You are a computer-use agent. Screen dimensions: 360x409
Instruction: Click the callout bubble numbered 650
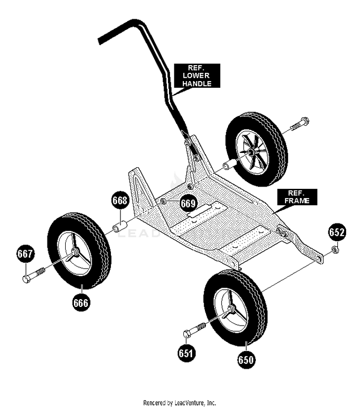point(246,360)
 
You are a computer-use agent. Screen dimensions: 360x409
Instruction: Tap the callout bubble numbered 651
point(186,353)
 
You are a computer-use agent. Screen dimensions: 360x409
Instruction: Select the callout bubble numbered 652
point(337,232)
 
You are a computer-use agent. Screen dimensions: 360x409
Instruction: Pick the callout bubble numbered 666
point(81,303)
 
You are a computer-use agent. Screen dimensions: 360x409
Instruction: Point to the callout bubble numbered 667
point(25,254)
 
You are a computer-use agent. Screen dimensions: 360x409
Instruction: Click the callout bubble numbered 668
point(120,200)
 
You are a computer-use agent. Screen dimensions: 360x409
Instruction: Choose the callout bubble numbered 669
point(188,203)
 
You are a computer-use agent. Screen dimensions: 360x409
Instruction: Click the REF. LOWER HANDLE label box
point(197,76)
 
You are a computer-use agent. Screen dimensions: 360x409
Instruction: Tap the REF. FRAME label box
point(297,197)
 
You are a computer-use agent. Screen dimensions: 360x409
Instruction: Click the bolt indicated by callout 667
point(34,275)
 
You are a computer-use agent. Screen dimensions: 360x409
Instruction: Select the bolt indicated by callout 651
point(194,330)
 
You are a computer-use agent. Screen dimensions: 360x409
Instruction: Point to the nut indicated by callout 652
point(335,250)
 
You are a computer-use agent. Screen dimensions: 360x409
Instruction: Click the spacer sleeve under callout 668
point(120,226)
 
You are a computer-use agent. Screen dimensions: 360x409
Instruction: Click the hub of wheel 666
point(74,251)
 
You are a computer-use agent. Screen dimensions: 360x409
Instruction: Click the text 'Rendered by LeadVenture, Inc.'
point(180,402)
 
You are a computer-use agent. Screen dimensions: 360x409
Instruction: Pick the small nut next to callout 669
point(163,201)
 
